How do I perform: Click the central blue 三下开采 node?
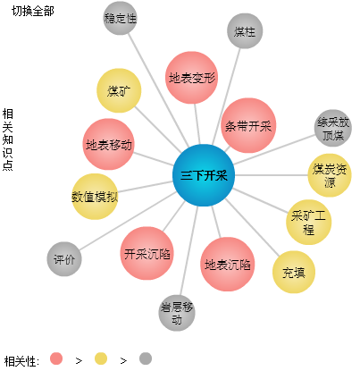click(x=204, y=175)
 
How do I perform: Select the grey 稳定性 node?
click(x=120, y=18)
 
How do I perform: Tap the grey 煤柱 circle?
click(x=245, y=30)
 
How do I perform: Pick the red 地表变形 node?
click(x=191, y=78)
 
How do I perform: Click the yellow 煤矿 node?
click(x=119, y=90)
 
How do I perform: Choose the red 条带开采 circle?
click(x=248, y=125)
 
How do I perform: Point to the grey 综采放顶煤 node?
click(x=333, y=128)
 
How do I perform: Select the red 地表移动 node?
click(x=109, y=144)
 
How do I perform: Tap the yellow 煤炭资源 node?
click(x=330, y=175)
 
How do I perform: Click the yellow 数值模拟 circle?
click(x=95, y=197)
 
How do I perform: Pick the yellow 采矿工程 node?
click(x=308, y=222)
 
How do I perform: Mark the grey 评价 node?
click(x=64, y=259)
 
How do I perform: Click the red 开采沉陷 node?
click(x=147, y=253)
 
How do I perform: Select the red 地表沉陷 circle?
click(x=228, y=264)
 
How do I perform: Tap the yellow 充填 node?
click(x=294, y=272)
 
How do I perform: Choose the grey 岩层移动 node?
click(x=177, y=313)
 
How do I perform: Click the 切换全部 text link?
click(x=33, y=11)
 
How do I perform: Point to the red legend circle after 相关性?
click(x=56, y=358)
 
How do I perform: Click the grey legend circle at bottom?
click(x=146, y=358)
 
